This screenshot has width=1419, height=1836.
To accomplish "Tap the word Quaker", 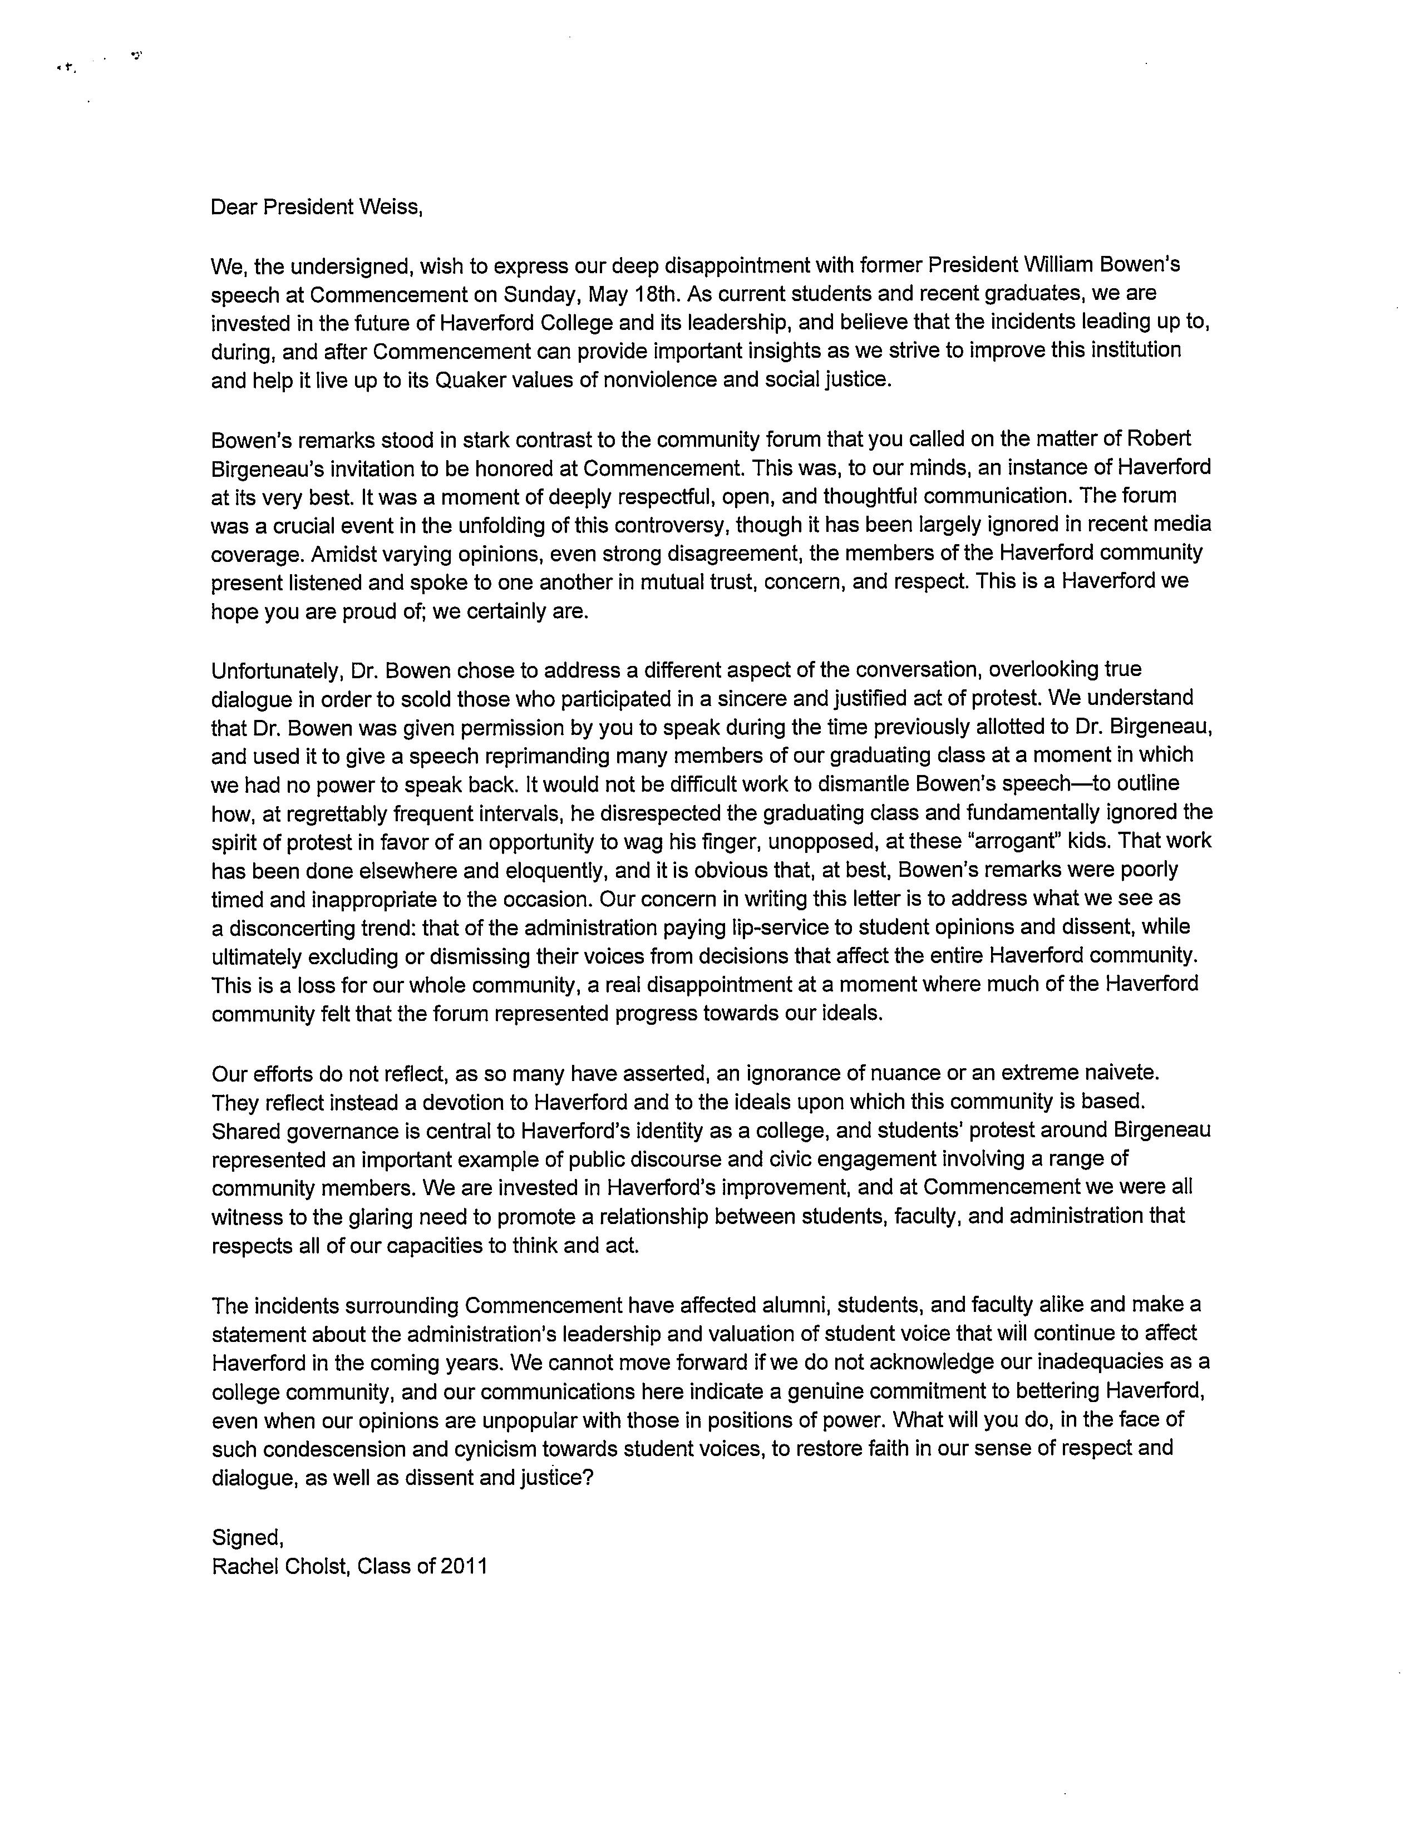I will click(467, 379).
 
